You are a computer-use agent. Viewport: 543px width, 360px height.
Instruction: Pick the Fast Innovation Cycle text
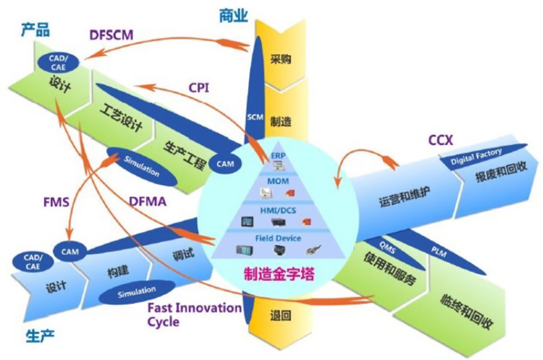195,314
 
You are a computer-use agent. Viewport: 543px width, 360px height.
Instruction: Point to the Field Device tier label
278,234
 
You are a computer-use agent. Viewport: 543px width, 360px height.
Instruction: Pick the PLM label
437,247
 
